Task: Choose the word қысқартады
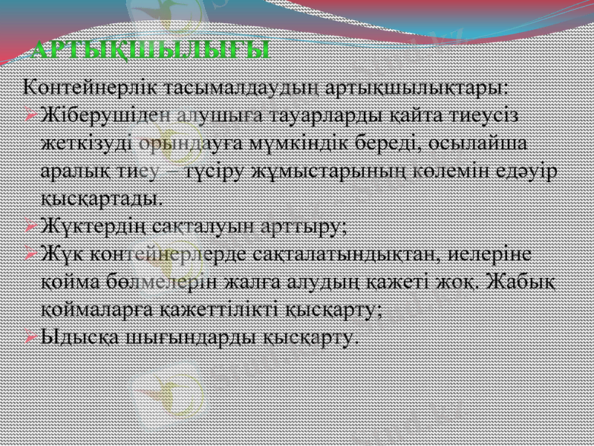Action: pos(102,198)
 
